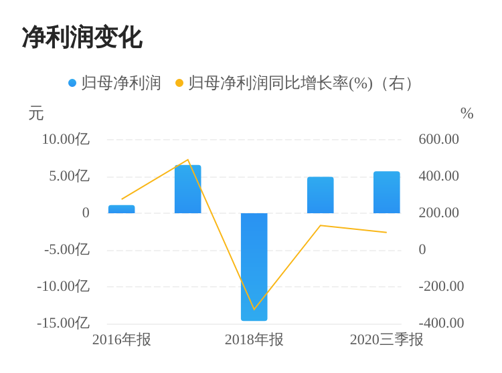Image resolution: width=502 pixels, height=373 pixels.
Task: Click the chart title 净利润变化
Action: (82, 37)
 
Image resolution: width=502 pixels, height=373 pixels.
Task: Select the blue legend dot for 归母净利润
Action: (72, 83)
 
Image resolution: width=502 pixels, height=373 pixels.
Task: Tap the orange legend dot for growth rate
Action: (179, 83)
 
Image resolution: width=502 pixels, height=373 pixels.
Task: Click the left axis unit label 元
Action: (36, 114)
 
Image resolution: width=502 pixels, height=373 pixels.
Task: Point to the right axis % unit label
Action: (467, 114)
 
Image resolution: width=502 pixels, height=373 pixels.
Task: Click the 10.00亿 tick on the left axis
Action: (66, 139)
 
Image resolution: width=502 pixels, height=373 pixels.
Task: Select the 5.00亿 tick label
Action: (69, 176)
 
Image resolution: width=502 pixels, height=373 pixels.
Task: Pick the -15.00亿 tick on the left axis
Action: (63, 323)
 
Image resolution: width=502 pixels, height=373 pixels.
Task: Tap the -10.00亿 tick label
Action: (63, 286)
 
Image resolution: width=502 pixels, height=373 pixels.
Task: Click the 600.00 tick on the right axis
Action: (439, 139)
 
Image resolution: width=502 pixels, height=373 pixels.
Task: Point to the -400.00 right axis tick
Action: (441, 323)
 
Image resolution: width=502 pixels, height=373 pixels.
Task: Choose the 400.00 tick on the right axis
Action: (439, 176)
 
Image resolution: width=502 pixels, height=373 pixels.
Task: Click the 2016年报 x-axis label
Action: (121, 340)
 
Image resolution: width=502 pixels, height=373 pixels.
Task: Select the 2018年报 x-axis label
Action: (254, 340)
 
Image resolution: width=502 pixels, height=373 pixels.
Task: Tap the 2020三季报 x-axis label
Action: (386, 340)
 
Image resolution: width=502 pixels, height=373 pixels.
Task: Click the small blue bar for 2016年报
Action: (121, 209)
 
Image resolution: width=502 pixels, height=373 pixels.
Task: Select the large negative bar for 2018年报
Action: (254, 267)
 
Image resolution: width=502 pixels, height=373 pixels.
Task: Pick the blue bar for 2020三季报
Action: (386, 193)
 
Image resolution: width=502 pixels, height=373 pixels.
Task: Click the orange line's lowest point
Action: (254, 309)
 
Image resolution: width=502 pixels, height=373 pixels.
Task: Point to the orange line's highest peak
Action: (188, 160)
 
